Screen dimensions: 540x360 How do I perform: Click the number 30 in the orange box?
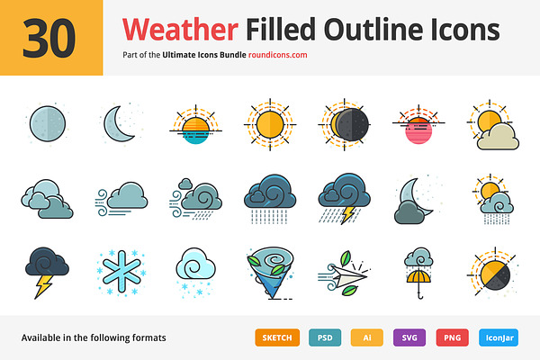49,38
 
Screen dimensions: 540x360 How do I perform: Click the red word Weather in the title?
180,30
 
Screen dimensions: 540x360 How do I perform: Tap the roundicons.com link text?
277,55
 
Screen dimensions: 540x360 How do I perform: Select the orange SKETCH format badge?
277,337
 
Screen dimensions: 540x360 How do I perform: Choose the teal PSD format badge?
325,337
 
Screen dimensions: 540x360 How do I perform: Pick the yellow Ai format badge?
367,337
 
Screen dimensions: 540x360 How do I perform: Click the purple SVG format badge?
409,337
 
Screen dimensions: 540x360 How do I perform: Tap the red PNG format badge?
452,337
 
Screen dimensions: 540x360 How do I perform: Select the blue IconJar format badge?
499,337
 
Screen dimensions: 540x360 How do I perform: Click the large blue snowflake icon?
121,272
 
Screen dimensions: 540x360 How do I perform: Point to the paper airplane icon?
347,274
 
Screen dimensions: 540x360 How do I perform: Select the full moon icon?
48,123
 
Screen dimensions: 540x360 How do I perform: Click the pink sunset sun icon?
418,130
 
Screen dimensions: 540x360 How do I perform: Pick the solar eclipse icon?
345,124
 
